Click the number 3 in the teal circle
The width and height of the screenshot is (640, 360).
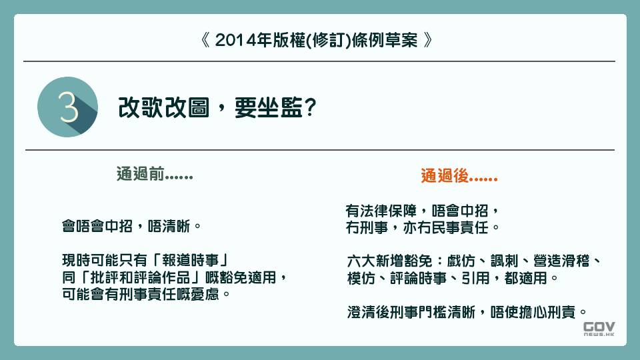[x=68, y=107]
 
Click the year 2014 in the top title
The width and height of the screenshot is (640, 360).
[x=232, y=40]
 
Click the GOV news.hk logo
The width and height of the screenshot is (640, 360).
[x=599, y=330]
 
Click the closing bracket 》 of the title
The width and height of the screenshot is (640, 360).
[x=429, y=40]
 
